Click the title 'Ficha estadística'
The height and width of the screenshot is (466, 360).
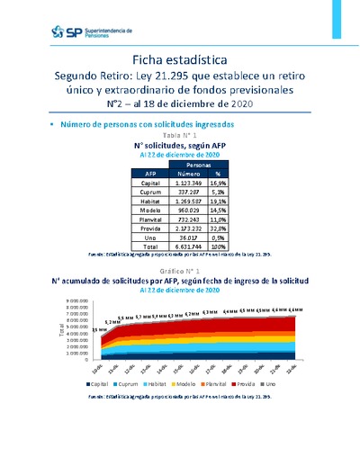tap(180, 58)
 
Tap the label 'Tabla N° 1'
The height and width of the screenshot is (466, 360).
tap(180, 133)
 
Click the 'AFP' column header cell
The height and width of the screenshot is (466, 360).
tap(150, 175)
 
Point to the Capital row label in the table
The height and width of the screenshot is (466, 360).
tap(150, 184)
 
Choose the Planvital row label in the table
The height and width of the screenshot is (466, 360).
tap(150, 220)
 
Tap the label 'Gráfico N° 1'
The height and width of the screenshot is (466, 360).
tap(180, 270)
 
